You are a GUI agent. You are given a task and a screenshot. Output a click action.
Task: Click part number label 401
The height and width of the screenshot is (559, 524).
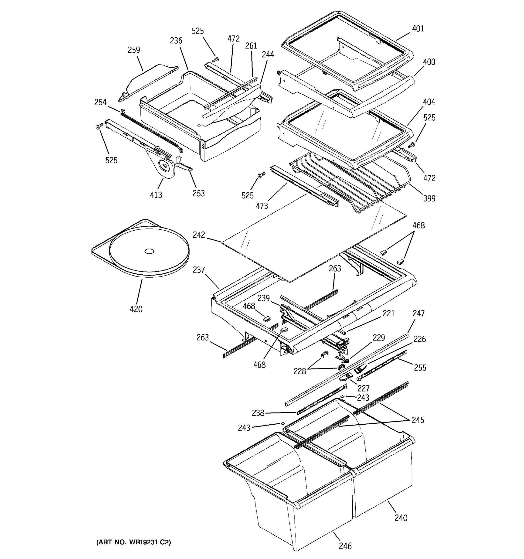pyautogui.click(x=418, y=29)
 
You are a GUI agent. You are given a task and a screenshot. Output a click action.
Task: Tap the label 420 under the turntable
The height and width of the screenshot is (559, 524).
pyautogui.click(x=136, y=309)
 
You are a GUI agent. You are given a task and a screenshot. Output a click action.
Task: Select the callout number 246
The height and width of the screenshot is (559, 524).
pyautogui.click(x=345, y=546)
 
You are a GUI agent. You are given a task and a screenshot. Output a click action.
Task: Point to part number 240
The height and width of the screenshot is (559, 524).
pyautogui.click(x=401, y=518)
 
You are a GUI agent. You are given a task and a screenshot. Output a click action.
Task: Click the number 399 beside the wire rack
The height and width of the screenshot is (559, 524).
pyautogui.click(x=429, y=198)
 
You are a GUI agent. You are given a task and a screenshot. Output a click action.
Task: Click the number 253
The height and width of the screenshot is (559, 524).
pyautogui.click(x=198, y=194)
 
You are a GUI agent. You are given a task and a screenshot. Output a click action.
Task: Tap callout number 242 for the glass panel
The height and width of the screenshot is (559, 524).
pyautogui.click(x=199, y=235)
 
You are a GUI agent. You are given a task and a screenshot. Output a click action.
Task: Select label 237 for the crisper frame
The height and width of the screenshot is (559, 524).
pyautogui.click(x=199, y=270)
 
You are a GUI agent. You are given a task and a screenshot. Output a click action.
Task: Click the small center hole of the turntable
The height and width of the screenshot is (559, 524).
pyautogui.click(x=149, y=251)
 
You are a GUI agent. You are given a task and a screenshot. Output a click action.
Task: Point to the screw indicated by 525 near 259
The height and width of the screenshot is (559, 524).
pyautogui.click(x=216, y=59)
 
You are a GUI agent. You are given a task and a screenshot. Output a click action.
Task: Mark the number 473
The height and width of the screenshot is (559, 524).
pyautogui.click(x=262, y=206)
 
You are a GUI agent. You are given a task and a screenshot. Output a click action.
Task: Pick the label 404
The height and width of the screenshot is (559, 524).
pyautogui.click(x=429, y=102)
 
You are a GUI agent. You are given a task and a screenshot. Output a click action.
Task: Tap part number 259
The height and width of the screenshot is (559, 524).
pyautogui.click(x=134, y=50)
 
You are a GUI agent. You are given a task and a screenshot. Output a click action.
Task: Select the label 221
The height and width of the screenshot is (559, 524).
pyautogui.click(x=388, y=313)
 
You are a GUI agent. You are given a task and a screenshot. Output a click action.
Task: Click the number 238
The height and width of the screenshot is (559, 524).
pyautogui.click(x=258, y=413)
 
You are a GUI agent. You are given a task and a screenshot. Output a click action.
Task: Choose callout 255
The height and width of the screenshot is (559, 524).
pyautogui.click(x=420, y=368)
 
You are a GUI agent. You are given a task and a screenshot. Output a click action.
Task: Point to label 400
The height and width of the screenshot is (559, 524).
pyautogui.click(x=429, y=62)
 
